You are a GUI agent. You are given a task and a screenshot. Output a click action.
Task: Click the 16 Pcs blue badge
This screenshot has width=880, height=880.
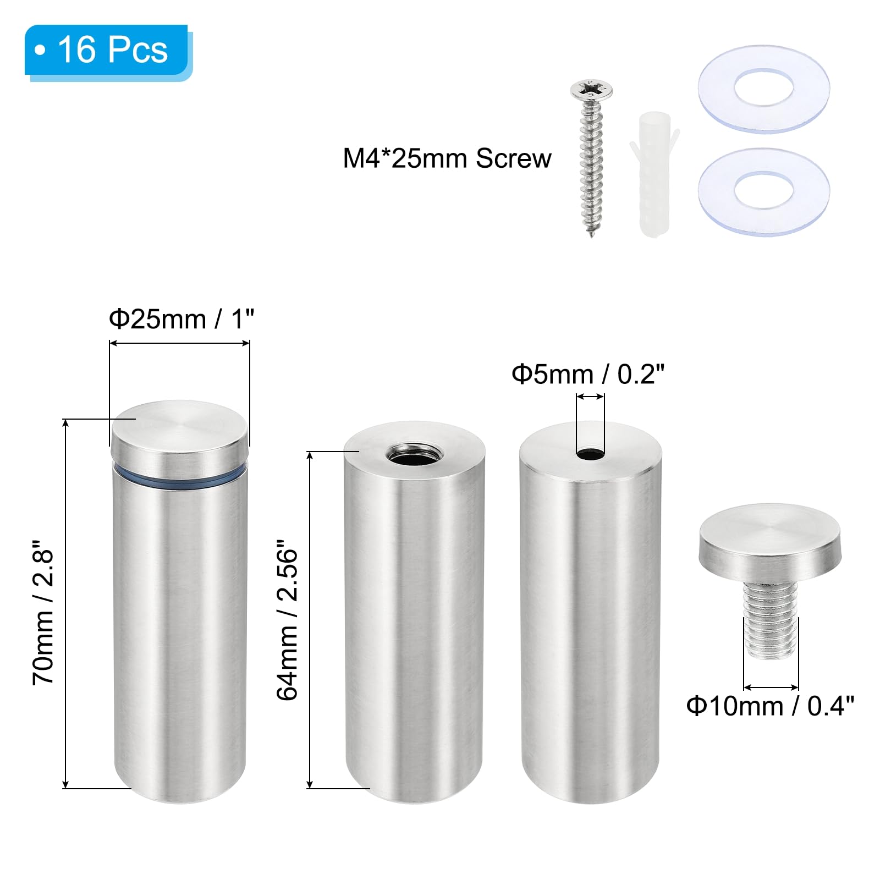(x=108, y=51)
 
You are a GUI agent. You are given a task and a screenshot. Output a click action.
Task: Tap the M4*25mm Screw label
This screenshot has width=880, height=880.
(x=447, y=158)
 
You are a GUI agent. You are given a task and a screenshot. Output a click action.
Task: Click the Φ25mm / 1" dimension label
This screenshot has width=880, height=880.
(x=182, y=319)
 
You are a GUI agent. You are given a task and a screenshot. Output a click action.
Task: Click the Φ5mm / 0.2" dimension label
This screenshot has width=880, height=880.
(x=588, y=375)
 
